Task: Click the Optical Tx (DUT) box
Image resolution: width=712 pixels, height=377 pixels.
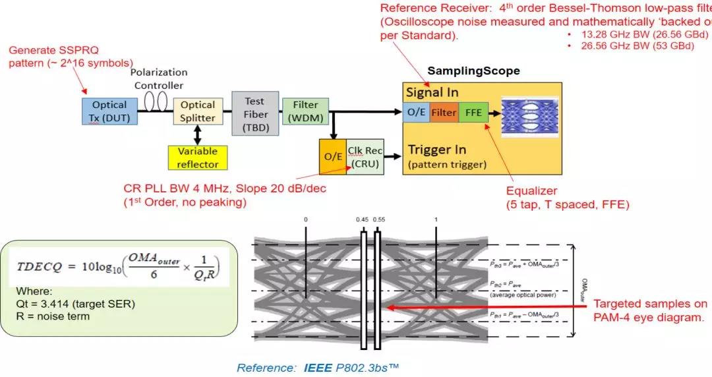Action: (109, 110)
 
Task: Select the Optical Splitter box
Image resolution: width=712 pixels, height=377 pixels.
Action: (198, 111)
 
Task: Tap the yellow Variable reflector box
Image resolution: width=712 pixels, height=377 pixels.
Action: (198, 158)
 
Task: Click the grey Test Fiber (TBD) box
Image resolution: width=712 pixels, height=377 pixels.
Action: (254, 114)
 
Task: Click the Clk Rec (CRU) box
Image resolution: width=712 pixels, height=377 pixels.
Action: (365, 157)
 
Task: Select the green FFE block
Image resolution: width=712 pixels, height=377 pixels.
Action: (473, 112)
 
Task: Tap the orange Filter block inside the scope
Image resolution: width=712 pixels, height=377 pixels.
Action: (444, 112)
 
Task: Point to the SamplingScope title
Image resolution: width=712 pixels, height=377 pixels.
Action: (473, 71)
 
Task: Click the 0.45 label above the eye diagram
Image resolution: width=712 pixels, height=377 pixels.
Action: (362, 219)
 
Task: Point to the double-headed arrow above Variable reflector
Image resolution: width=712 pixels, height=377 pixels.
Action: (197, 134)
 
